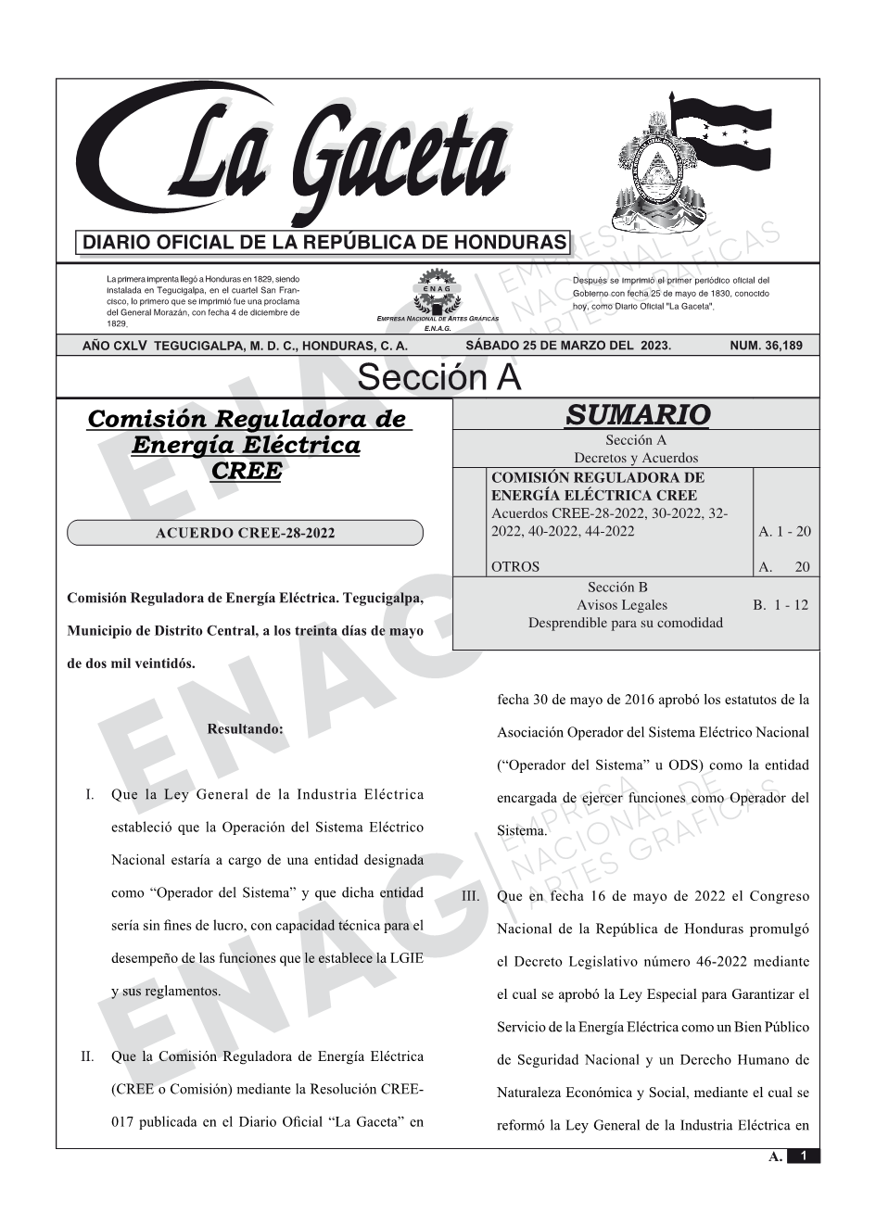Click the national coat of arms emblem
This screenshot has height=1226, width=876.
tap(654, 171)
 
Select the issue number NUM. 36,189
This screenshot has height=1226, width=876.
tap(767, 346)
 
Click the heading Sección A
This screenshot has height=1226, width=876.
tap(438, 378)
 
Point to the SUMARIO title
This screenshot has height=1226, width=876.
tap(637, 414)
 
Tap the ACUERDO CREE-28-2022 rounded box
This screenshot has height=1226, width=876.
tap(245, 533)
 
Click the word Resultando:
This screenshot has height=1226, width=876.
tap(245, 729)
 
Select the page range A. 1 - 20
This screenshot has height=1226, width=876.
tap(784, 531)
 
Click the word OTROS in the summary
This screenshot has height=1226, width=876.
tap(515, 567)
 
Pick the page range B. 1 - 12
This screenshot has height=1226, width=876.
tap(781, 605)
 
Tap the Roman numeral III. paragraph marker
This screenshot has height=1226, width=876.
tap(469, 897)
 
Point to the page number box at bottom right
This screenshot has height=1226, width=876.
tap(804, 1156)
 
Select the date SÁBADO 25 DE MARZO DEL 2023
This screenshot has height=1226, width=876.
tap(568, 346)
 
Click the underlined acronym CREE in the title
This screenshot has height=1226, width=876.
tap(246, 471)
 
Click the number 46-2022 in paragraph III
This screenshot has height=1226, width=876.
tap(720, 962)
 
